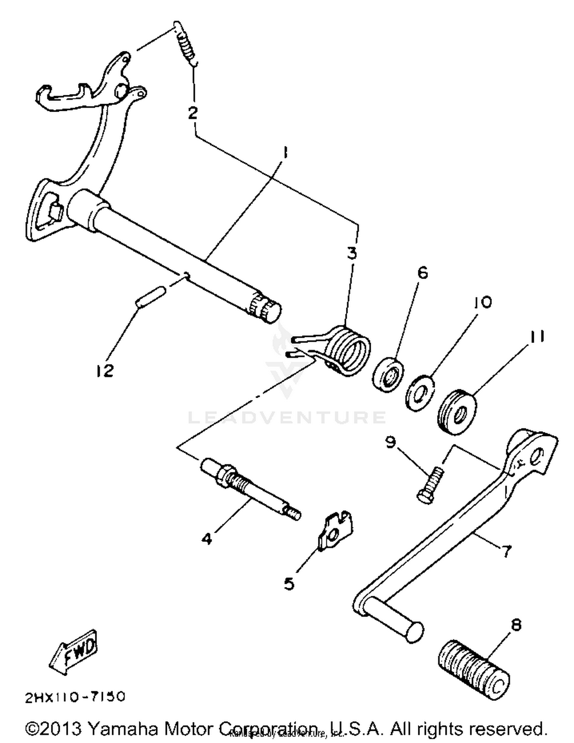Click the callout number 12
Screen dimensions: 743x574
[x=104, y=370]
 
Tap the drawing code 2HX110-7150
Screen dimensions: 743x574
[x=75, y=697]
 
